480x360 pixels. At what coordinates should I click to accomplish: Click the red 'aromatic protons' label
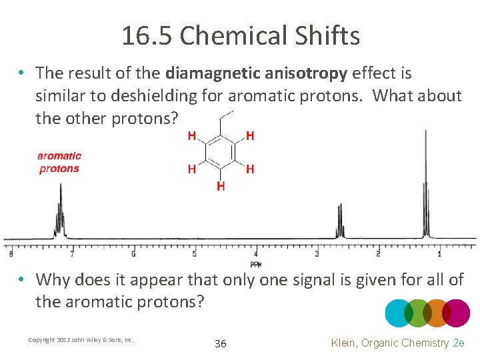point(59,162)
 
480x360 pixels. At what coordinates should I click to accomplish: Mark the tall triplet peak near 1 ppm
point(425,187)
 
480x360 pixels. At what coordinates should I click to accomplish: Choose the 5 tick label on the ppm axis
point(194,254)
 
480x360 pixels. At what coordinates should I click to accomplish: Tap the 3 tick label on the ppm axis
point(317,254)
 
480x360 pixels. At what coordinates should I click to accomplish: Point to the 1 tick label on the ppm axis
point(439,254)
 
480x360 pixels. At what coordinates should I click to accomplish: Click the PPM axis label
point(256,264)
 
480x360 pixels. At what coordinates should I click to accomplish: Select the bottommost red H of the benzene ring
point(221,186)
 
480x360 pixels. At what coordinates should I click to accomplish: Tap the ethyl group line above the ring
point(225,119)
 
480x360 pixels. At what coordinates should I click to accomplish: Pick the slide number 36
point(221,344)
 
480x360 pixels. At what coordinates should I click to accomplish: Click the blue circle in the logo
point(399,313)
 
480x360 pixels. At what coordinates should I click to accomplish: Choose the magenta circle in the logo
point(457,313)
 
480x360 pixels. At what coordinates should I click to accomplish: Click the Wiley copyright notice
point(81,340)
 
